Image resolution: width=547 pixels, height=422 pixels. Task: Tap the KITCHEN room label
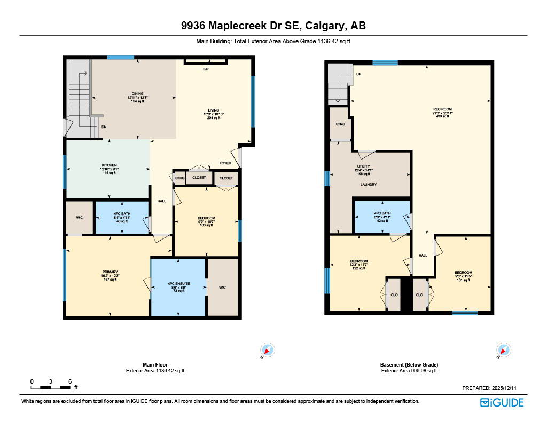click(109, 165)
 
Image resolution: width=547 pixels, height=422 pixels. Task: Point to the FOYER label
click(225, 163)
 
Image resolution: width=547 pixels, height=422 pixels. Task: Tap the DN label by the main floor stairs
click(104, 127)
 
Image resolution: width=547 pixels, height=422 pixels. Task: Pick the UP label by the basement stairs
click(358, 74)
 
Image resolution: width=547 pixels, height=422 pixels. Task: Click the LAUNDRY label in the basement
click(368, 185)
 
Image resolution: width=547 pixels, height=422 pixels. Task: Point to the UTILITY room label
click(363, 166)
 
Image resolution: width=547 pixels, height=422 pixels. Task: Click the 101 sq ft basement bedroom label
click(463, 273)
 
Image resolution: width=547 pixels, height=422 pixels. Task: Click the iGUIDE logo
click(502, 402)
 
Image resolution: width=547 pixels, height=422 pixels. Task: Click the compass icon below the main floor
click(268, 350)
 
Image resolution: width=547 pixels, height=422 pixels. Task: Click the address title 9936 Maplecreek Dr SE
click(273, 26)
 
